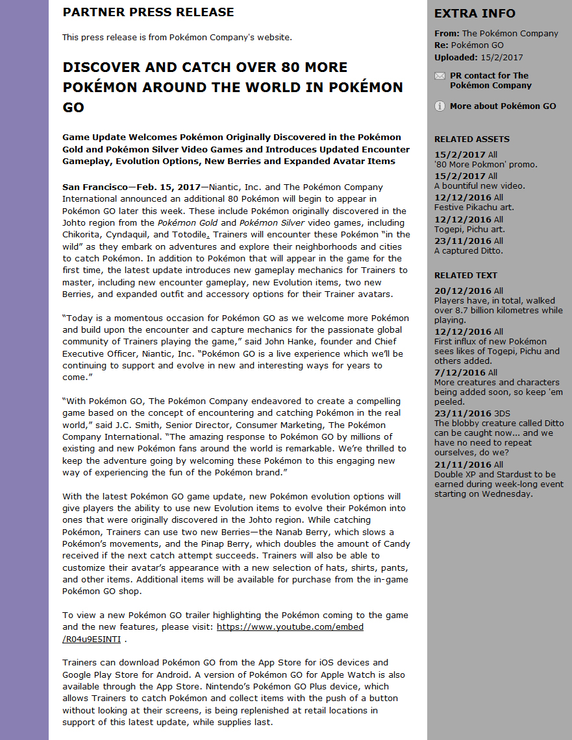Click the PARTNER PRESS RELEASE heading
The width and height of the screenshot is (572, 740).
(x=148, y=12)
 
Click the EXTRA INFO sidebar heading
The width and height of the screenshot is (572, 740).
(x=475, y=14)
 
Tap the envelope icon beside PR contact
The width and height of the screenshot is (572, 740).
(x=440, y=76)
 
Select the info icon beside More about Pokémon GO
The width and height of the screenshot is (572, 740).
(x=440, y=106)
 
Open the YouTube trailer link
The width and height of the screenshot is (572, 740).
(x=290, y=627)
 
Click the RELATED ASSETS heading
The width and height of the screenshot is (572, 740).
(x=471, y=139)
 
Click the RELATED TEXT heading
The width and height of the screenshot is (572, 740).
(x=466, y=276)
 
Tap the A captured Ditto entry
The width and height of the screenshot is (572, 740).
(x=468, y=251)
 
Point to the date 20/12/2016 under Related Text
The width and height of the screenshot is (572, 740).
(x=460, y=291)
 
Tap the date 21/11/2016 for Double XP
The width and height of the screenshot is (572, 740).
(x=460, y=464)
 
